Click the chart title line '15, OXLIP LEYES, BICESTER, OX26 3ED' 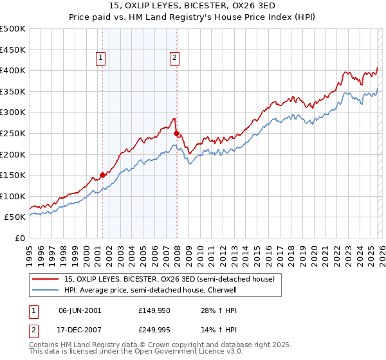click(x=193, y=7)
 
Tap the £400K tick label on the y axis click(x=13, y=70)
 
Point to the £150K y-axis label click(x=13, y=175)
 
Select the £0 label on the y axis click(x=19, y=238)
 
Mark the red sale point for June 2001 click(x=102, y=175)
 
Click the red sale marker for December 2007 click(x=176, y=133)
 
